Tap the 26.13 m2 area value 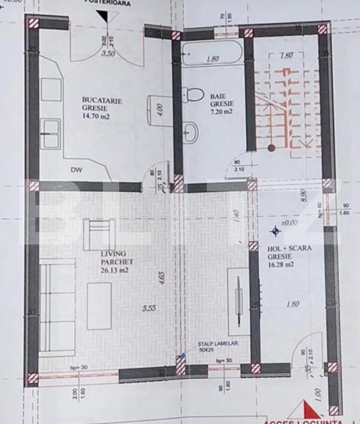click(115, 270)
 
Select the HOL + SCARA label click(289, 248)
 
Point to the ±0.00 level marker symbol click(276, 231)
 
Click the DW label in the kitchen click(76, 170)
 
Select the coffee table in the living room click(99, 306)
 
